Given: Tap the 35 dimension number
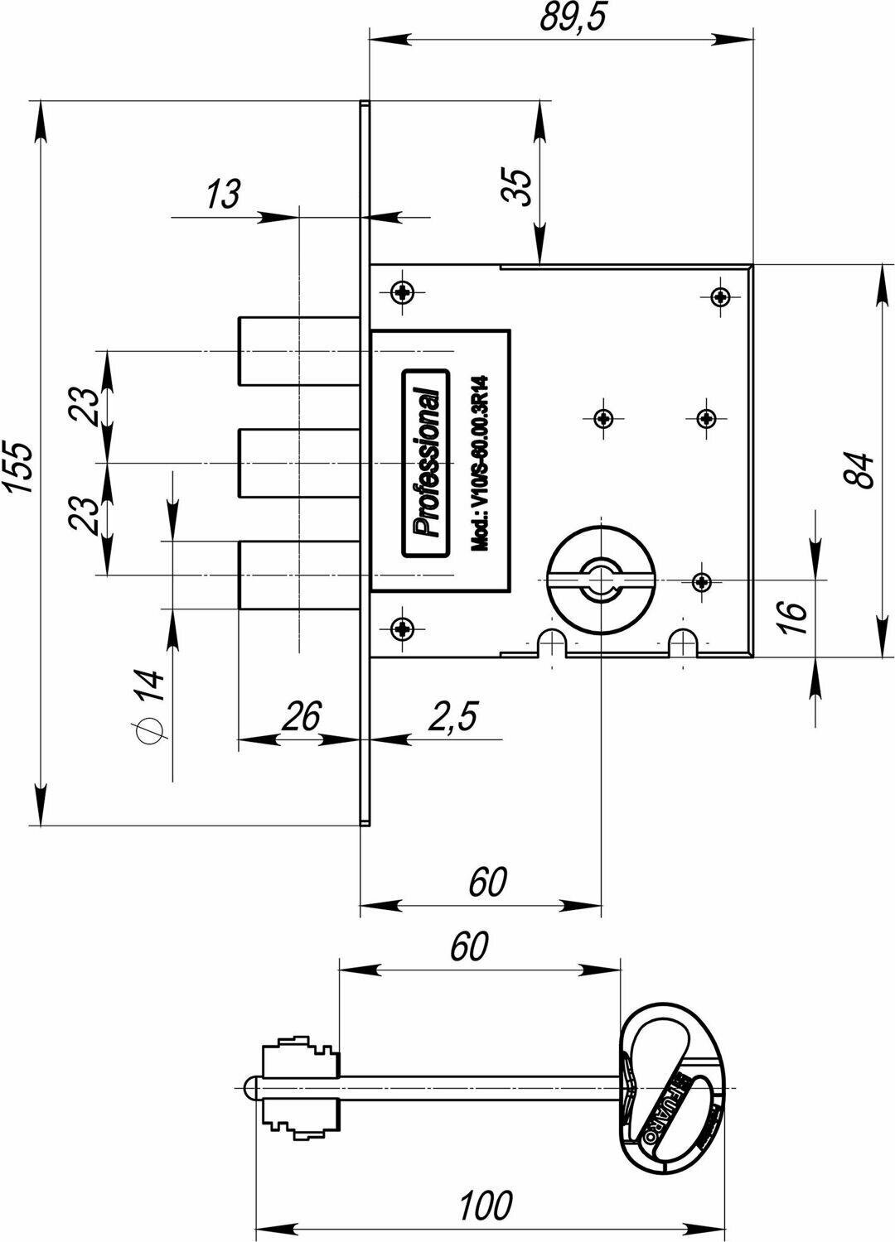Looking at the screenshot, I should pos(515,188).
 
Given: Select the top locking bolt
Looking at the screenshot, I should pos(298,350).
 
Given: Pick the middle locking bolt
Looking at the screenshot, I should pos(298,462).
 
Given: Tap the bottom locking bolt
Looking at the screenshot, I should pos(298,575).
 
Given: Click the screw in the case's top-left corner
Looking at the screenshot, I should pos(404,291).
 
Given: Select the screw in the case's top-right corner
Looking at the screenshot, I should pos(721,296).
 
